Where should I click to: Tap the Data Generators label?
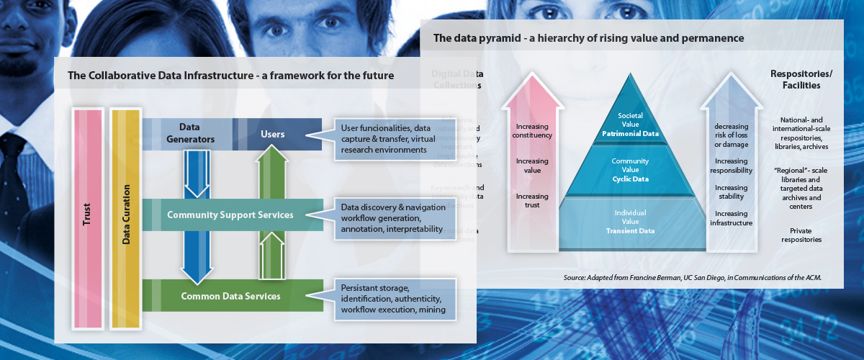point(189,133)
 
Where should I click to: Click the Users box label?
point(272,134)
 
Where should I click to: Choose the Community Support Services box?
point(230,215)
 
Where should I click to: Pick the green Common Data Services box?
point(230,296)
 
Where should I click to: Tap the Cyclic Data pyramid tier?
point(625,170)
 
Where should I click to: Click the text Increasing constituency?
point(533,130)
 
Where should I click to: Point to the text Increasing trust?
point(533,200)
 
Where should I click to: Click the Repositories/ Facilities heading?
point(796,79)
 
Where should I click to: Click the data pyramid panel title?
point(588,37)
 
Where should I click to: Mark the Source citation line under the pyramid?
point(693,277)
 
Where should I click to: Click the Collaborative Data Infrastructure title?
point(231,75)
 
